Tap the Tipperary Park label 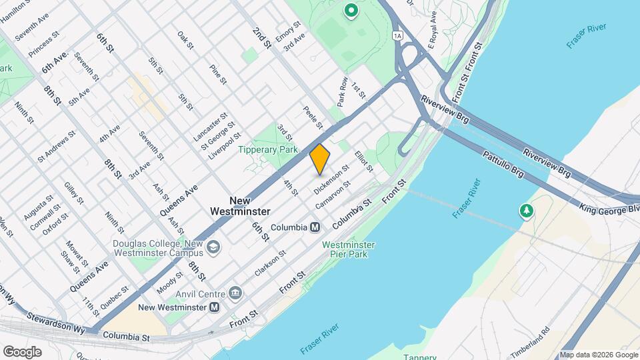(x=269, y=150)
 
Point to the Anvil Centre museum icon (x=235, y=293)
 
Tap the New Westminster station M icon (x=214, y=307)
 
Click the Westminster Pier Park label (x=348, y=249)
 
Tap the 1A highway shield (x=398, y=36)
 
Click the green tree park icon (x=527, y=211)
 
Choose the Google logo (x=21, y=352)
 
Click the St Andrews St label (x=56, y=145)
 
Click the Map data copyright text (x=598, y=355)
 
